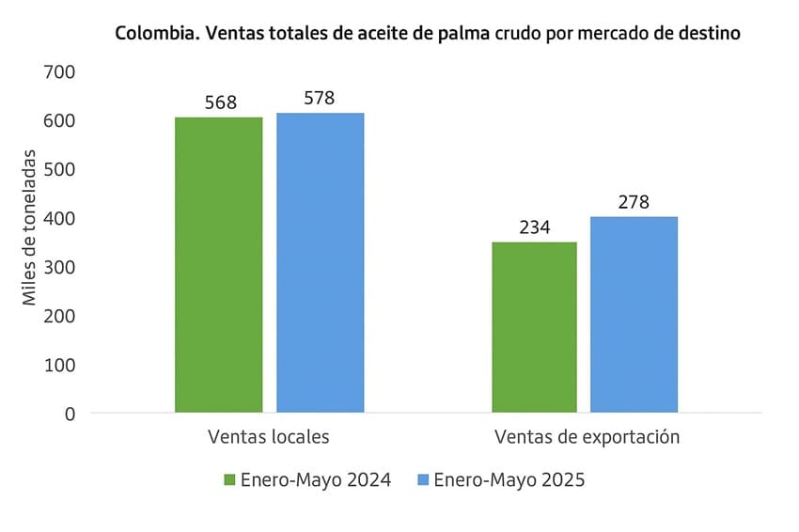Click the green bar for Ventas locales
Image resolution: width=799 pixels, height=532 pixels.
tap(218, 264)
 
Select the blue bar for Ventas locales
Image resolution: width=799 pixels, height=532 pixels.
tap(320, 262)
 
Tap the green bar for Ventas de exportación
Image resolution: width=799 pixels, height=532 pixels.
tap(534, 327)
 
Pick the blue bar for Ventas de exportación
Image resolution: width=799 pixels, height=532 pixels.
tap(634, 314)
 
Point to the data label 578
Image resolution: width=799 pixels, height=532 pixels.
tap(320, 98)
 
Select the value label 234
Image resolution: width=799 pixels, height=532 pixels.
tap(534, 227)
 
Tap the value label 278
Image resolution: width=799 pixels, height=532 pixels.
tap(634, 202)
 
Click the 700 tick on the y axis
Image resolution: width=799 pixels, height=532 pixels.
tap(59, 71)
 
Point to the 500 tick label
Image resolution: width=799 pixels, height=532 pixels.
tap(59, 169)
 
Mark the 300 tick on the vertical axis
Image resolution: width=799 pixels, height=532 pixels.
tap(59, 267)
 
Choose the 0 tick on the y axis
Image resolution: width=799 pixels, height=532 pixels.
tap(70, 413)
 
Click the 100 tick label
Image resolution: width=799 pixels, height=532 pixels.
tap(59, 364)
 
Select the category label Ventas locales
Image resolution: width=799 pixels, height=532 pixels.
tap(268, 437)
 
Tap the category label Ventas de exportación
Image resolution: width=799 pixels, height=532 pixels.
tap(587, 437)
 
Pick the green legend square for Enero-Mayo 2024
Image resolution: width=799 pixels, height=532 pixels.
tap(229, 480)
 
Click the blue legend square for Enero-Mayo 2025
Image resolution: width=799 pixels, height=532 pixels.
tap(422, 480)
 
